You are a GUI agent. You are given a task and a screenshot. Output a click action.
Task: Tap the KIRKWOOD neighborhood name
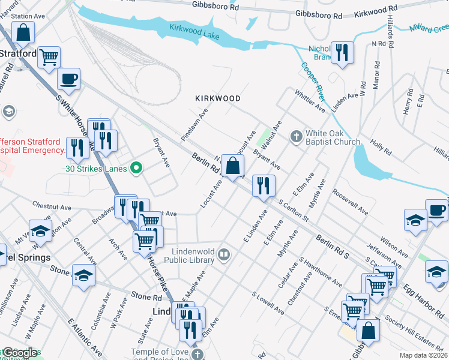(218, 98)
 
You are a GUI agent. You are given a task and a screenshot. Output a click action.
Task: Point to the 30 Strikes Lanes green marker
(136, 169)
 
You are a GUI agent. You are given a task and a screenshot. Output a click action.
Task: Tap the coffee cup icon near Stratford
(68, 79)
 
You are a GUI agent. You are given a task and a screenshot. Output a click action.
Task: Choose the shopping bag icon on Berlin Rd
(232, 165)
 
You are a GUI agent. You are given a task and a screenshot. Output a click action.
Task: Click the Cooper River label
(313, 81)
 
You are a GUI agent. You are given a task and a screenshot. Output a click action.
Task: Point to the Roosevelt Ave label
(350, 203)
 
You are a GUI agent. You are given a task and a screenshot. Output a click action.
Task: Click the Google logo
(20, 353)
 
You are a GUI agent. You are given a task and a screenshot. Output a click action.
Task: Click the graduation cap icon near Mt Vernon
(40, 232)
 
